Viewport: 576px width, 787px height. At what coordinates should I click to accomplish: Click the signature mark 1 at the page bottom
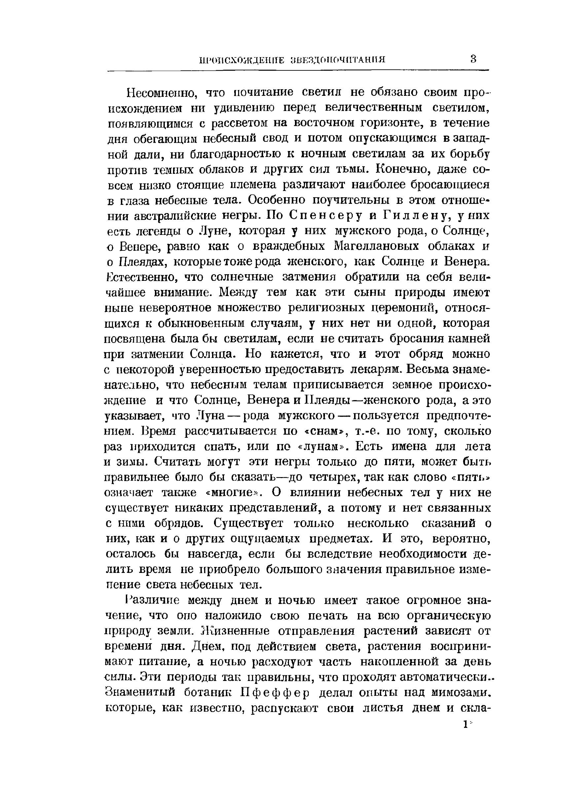pos(465,725)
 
